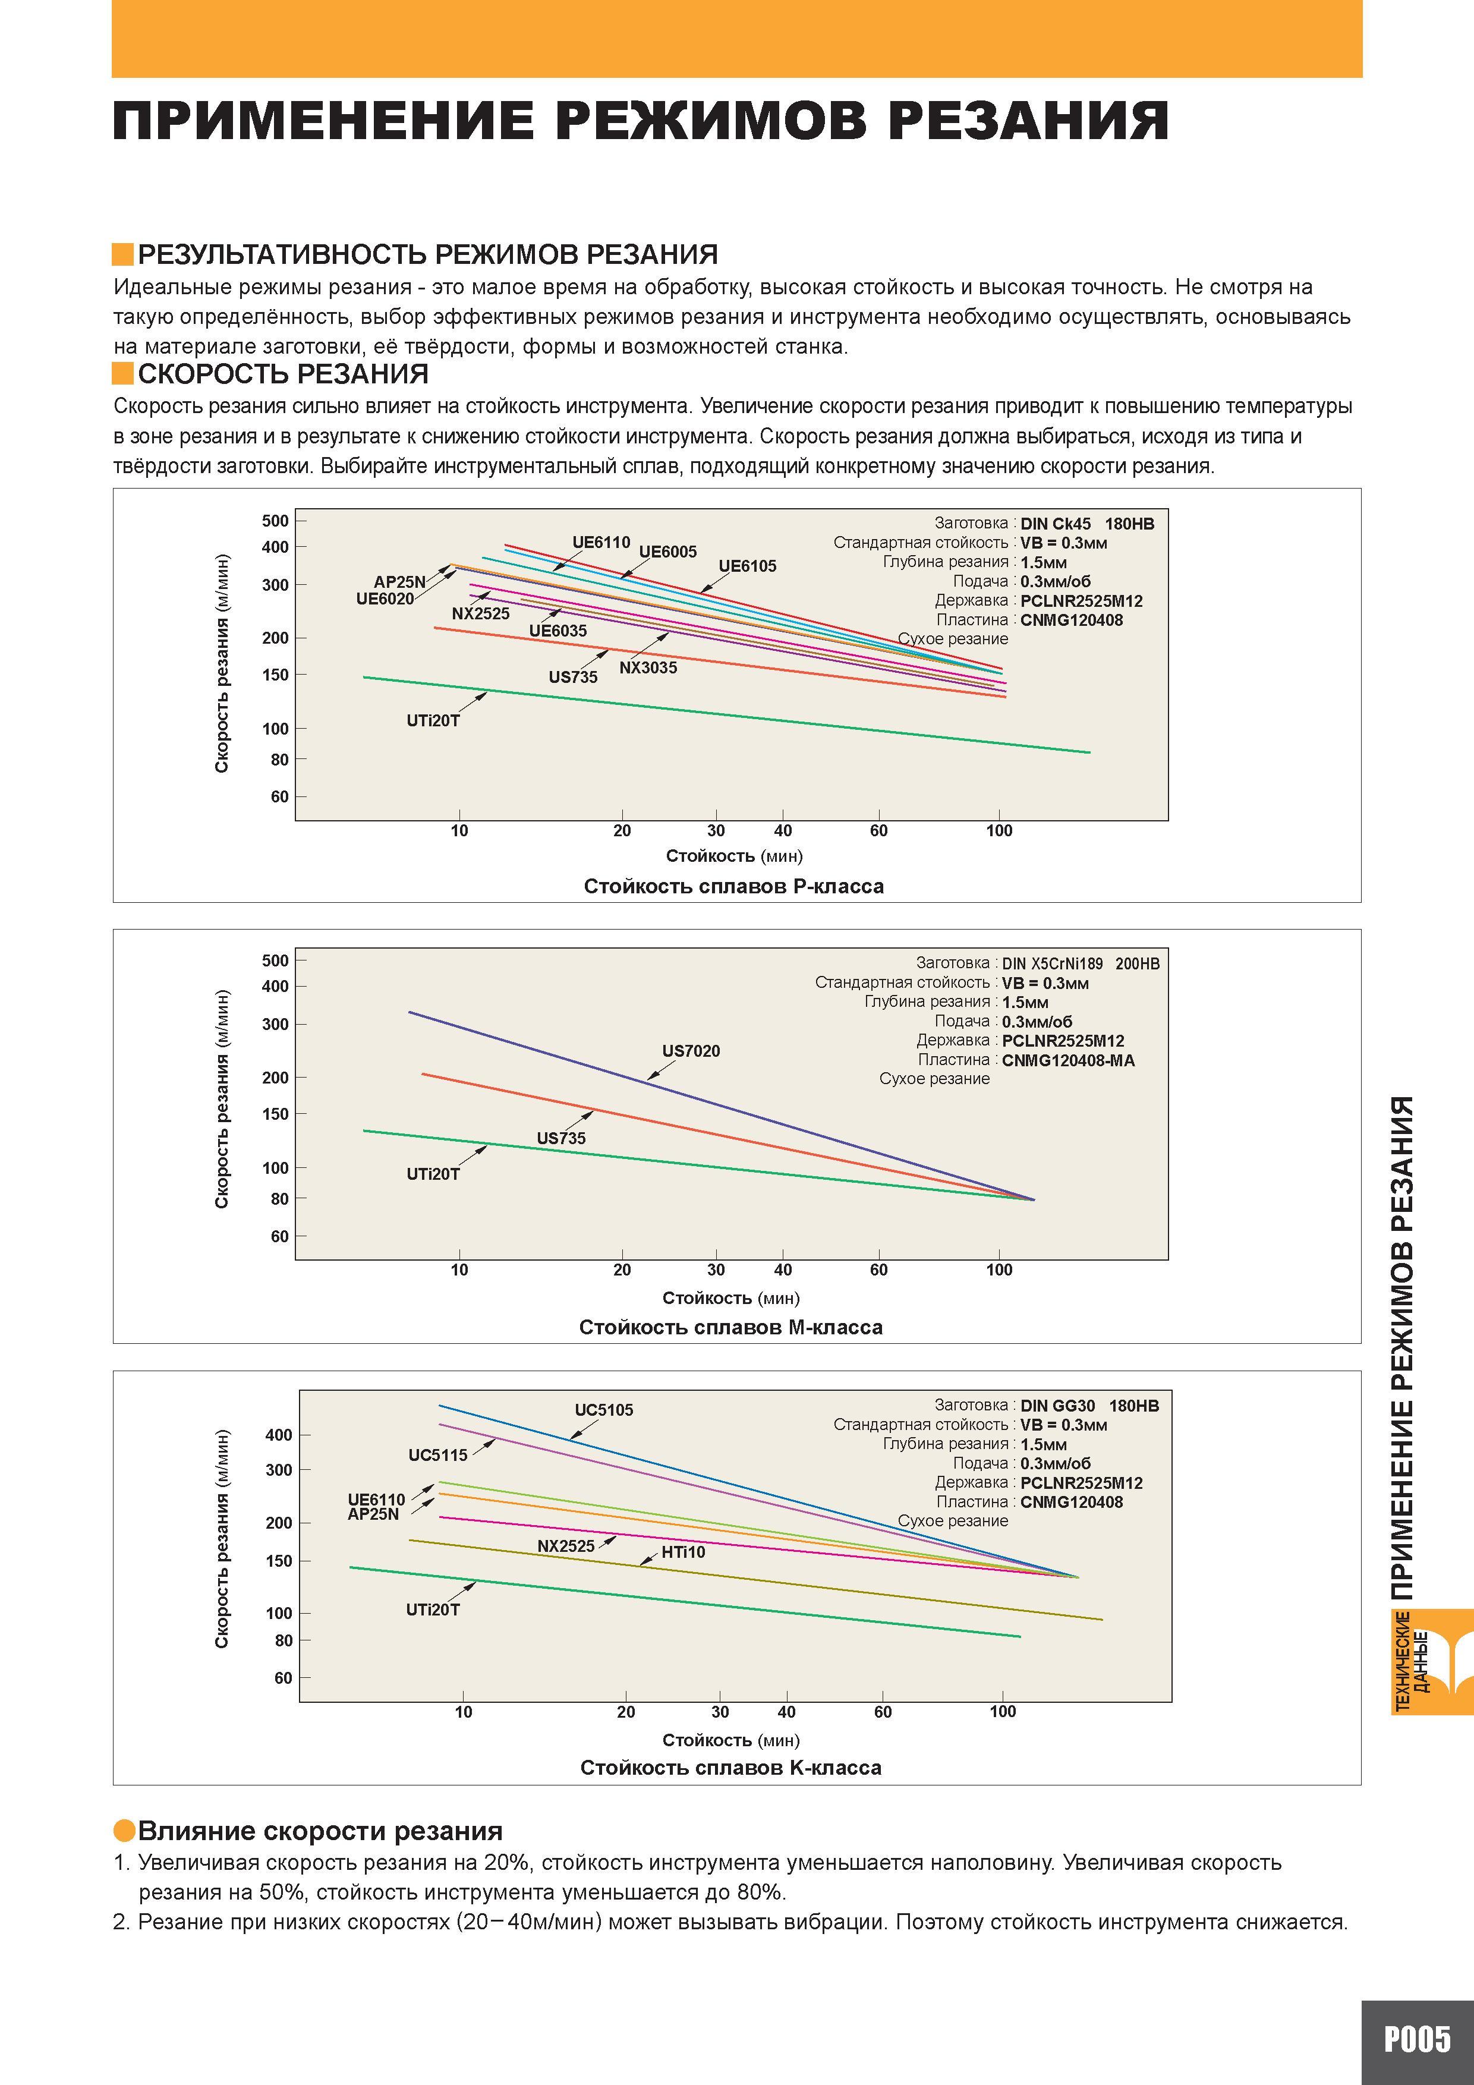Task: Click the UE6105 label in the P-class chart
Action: pyautogui.click(x=748, y=566)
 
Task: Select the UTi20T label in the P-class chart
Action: pyautogui.click(x=433, y=721)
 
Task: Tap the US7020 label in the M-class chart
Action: pyautogui.click(x=691, y=1051)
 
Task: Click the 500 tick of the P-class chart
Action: pyautogui.click(x=275, y=520)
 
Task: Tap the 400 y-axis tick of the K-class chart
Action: pyautogui.click(x=279, y=1435)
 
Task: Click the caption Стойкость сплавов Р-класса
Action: pyautogui.click(x=734, y=886)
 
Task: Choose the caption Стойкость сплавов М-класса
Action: pyautogui.click(x=731, y=1328)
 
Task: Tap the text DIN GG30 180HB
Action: pyautogui.click(x=1090, y=1406)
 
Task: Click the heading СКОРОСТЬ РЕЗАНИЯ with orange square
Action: pyautogui.click(x=270, y=374)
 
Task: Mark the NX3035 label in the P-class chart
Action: pyautogui.click(x=648, y=667)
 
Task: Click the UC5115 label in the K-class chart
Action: pyautogui.click(x=438, y=1455)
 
